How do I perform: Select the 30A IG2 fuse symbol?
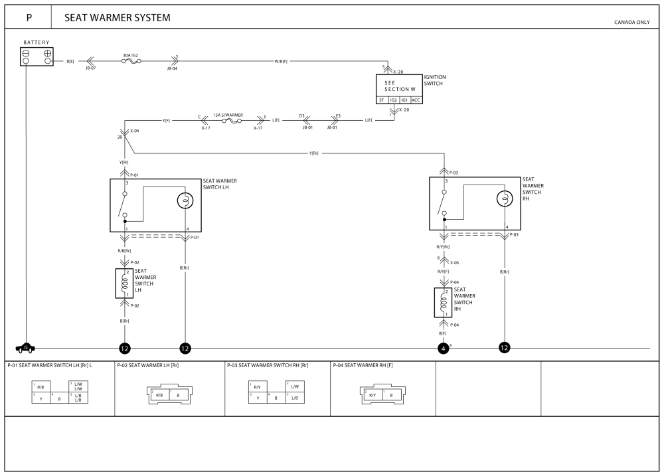130,61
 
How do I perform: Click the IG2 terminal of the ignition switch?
393,100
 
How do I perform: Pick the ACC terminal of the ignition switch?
416,100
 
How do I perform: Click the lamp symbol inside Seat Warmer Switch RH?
505,198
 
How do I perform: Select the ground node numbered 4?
443,348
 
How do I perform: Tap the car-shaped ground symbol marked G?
26,347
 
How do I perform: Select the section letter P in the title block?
29,18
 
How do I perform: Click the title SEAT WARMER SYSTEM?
117,18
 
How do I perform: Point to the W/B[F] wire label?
281,61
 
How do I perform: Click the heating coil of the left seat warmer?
123,283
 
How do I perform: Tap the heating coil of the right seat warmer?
443,302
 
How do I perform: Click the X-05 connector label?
455,262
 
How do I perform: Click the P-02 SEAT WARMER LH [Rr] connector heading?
148,365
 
